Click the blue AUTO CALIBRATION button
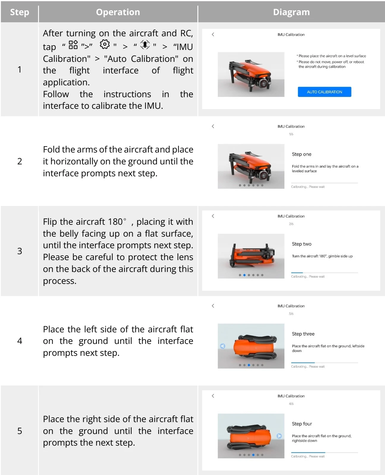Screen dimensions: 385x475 click(x=324, y=92)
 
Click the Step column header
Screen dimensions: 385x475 click(x=20, y=12)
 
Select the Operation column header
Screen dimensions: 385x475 click(x=118, y=12)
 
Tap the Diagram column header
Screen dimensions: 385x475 click(x=291, y=12)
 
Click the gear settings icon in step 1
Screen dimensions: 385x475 click(x=105, y=44)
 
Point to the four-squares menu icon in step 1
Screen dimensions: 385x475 click(x=73, y=45)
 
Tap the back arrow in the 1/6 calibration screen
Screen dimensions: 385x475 click(x=213, y=126)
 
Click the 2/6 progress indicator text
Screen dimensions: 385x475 click(x=291, y=224)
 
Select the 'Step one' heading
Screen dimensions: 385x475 click(x=301, y=154)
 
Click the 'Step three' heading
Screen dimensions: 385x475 click(x=303, y=334)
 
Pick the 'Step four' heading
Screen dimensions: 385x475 click(x=302, y=424)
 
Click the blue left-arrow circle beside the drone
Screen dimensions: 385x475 click(x=223, y=346)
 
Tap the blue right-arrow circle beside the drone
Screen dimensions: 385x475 click(x=279, y=436)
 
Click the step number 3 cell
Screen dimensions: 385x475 click(x=20, y=251)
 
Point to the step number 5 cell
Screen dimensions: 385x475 click(x=20, y=431)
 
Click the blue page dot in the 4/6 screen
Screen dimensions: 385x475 click(x=253, y=455)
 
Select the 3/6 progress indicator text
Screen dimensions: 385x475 click(x=291, y=314)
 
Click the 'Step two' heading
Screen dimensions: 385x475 click(x=301, y=244)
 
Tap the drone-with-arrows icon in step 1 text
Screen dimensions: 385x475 click(x=145, y=45)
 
